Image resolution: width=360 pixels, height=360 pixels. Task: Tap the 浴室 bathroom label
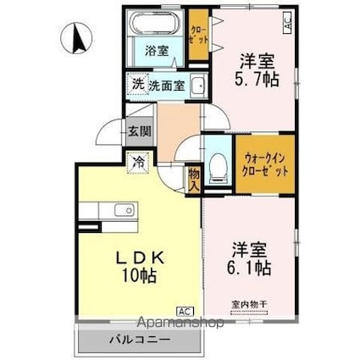156,50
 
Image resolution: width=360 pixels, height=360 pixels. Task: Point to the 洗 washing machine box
138,84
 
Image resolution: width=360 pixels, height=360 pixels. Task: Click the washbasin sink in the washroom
197,86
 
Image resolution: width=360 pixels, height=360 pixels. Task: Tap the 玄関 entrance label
139,132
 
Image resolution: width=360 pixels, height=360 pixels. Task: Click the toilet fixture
217,167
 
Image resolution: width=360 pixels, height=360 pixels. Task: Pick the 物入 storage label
194,179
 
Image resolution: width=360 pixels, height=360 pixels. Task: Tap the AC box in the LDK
184,311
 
